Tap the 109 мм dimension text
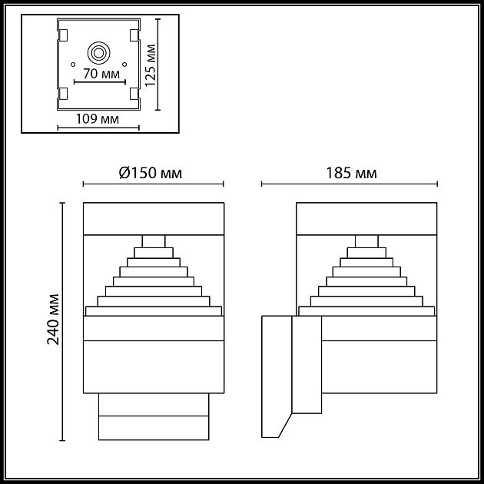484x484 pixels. click(98, 118)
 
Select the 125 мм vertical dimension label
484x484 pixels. click(151, 66)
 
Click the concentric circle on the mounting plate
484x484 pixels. click(99, 53)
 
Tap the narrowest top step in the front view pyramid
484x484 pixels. click(153, 240)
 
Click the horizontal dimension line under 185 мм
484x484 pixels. click(350, 184)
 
